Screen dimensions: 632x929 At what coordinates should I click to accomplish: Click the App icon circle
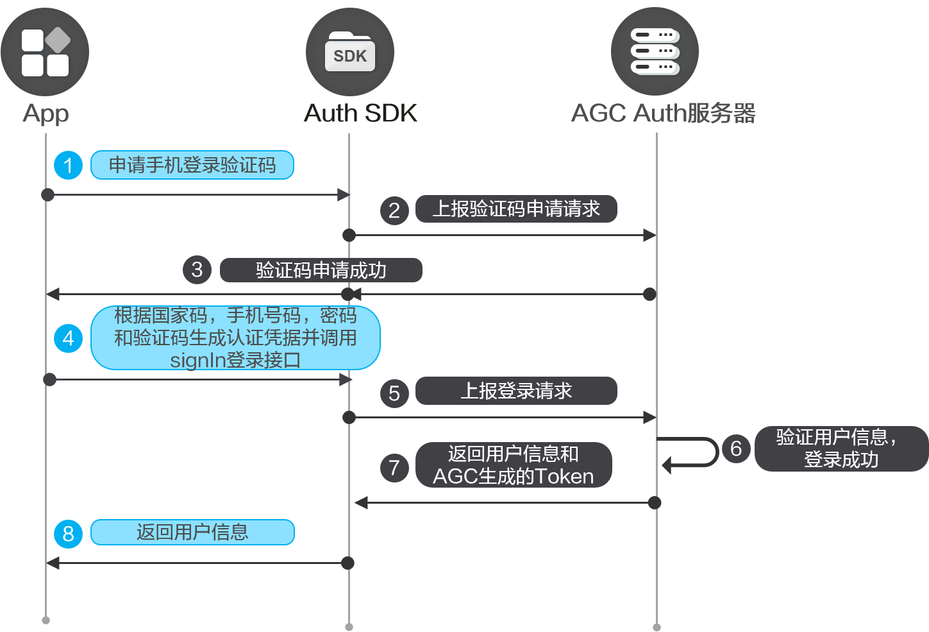tap(45, 52)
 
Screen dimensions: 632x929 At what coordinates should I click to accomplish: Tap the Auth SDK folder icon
tap(350, 52)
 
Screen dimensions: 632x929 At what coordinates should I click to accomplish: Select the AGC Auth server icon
tap(655, 51)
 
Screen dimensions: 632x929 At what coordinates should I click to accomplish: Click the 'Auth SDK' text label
tap(360, 113)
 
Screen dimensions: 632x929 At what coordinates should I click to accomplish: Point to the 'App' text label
tap(46, 114)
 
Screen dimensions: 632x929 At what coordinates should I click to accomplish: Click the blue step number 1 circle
tap(69, 166)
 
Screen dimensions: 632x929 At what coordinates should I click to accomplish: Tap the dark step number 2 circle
tap(394, 210)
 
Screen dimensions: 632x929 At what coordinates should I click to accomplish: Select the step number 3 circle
tap(197, 269)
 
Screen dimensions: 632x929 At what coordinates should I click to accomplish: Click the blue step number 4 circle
tap(69, 337)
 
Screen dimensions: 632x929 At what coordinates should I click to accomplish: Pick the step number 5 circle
tap(394, 393)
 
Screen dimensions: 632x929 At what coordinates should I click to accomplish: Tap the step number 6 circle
tap(736, 448)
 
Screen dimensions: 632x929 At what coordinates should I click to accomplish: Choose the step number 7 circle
tap(394, 468)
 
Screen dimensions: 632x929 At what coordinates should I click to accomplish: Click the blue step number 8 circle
tap(69, 534)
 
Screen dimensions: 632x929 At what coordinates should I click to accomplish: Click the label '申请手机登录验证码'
tap(192, 166)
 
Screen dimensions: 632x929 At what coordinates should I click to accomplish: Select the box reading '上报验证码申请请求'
tap(516, 209)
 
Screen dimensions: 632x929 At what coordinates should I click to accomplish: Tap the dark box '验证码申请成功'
tap(321, 270)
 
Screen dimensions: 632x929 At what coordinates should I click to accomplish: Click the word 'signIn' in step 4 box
tap(192, 360)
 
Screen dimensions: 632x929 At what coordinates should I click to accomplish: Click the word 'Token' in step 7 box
tap(564, 477)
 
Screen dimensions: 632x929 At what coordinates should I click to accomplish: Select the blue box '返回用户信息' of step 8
tap(192, 533)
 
